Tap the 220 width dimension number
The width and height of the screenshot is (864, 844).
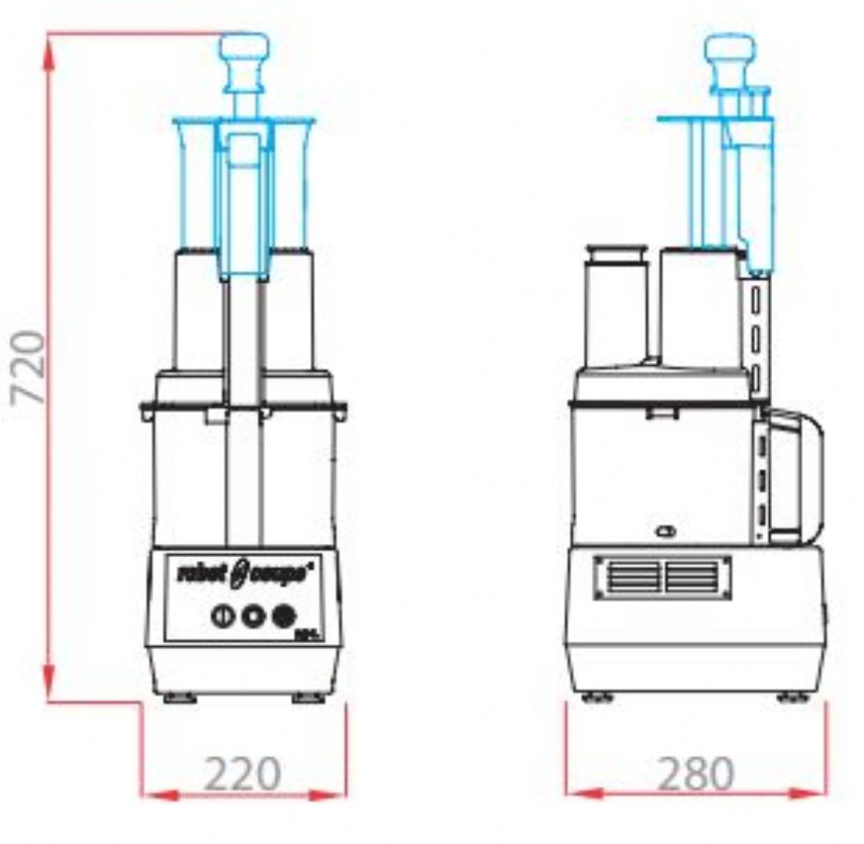tap(242, 775)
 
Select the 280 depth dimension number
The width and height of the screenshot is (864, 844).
tap(695, 775)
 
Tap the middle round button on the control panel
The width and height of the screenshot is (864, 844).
tap(251, 616)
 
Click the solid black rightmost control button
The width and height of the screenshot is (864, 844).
tap(282, 616)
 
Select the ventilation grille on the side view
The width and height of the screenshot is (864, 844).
tap(662, 575)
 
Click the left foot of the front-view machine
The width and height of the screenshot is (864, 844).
tap(179, 698)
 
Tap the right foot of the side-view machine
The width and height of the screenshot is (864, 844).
tap(794, 697)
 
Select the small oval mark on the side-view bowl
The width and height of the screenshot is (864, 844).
tap(666, 532)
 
